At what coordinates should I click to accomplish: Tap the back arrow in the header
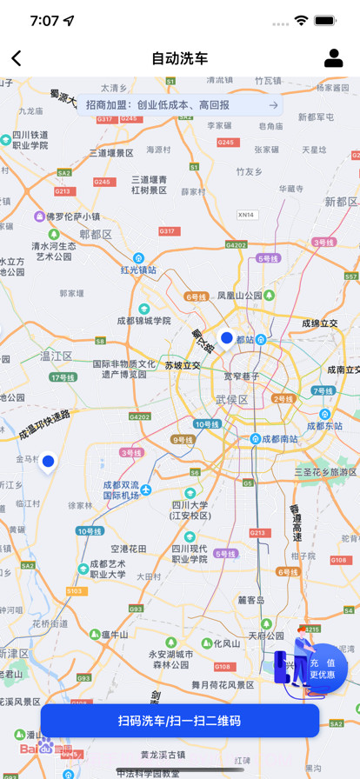click(17, 58)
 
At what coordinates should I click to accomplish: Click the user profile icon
click(333, 58)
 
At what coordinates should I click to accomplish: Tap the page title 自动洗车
click(180, 58)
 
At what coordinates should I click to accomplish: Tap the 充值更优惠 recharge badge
click(323, 669)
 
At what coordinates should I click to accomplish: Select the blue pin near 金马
click(48, 462)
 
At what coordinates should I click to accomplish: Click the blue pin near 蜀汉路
click(226, 338)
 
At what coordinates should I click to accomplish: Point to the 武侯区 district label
click(232, 400)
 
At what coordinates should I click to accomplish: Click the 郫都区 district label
click(96, 235)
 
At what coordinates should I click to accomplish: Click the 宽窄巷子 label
click(242, 376)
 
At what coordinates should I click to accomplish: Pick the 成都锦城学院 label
click(143, 321)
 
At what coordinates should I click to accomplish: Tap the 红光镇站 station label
click(138, 270)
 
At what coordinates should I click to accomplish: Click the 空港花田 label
click(129, 549)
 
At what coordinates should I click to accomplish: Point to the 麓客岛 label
click(251, 600)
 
